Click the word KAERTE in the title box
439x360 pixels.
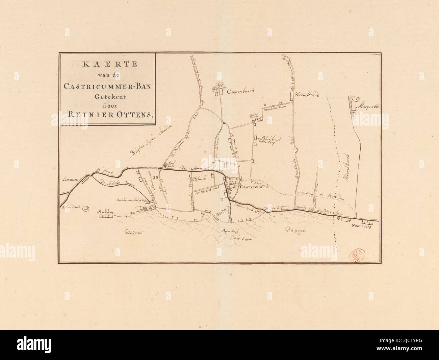(x=107, y=65)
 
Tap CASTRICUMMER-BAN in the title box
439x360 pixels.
(x=107, y=86)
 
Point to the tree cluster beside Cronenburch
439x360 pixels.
(x=216, y=88)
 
